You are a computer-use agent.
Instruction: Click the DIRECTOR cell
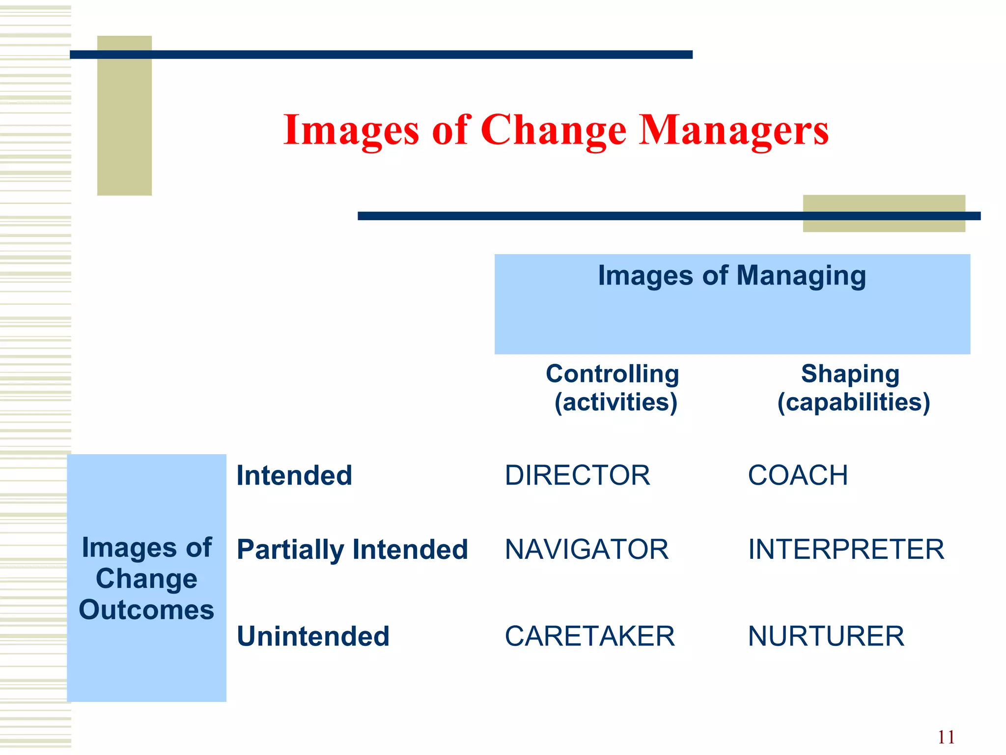coord(577,475)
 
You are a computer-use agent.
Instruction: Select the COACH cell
coord(798,475)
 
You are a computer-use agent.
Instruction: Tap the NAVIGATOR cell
coord(587,549)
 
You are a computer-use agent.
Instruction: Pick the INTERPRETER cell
coord(846,549)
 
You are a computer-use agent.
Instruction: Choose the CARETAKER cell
coord(589,636)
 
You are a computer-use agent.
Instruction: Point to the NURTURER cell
coord(826,636)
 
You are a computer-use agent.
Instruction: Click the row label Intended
coord(294,475)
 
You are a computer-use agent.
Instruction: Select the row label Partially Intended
coord(352,549)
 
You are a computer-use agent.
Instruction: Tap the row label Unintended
coord(313,636)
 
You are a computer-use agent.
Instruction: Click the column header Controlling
coord(613,374)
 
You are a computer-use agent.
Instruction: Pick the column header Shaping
coord(850,374)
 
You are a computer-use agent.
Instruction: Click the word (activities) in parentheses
coord(615,402)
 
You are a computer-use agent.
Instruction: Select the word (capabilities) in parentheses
coord(854,402)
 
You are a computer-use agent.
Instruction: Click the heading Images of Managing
coord(732,275)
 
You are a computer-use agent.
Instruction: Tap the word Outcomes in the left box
coord(146,610)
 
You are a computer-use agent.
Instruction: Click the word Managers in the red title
coord(733,130)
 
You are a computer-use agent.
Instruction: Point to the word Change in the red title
coord(553,131)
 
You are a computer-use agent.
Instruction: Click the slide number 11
coord(946,737)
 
